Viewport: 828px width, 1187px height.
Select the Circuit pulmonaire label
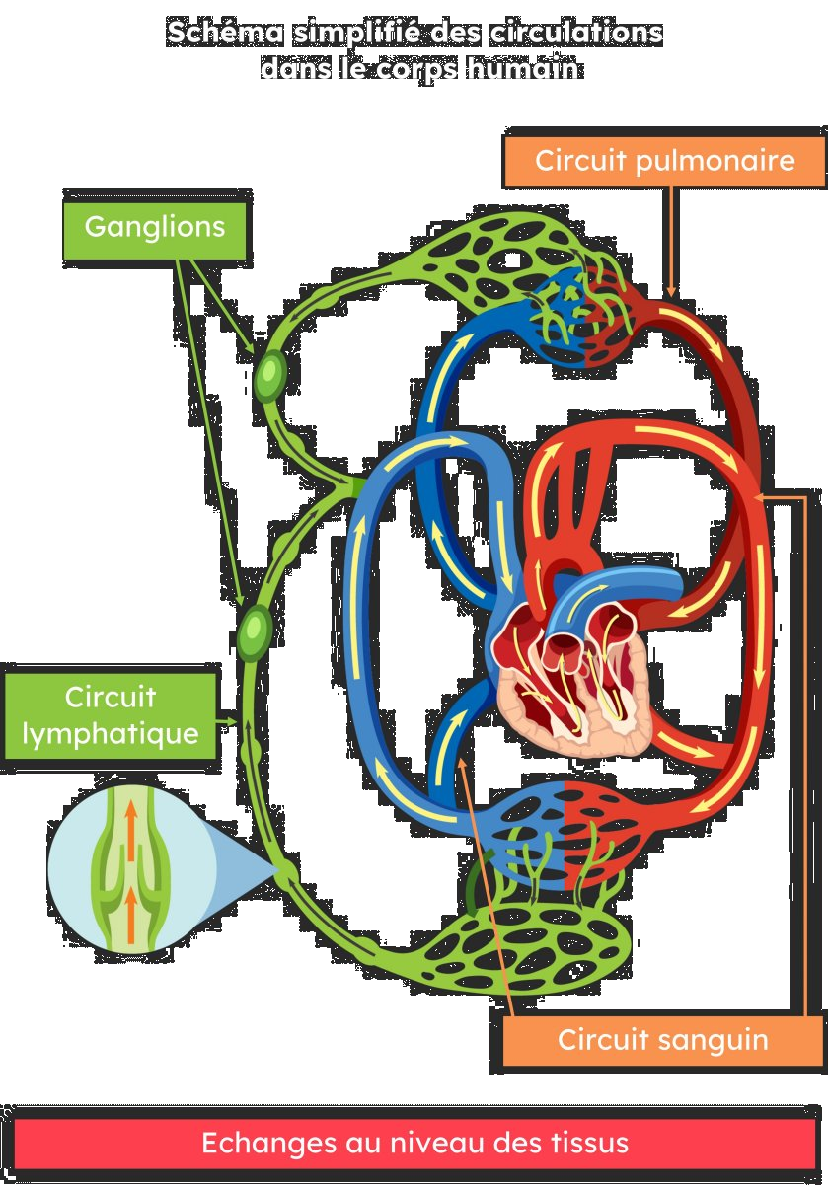coord(664,160)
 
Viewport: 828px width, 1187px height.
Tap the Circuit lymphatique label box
coord(110,716)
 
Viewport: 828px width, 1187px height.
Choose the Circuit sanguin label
coord(662,1040)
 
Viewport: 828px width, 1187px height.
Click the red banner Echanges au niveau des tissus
coord(414,1145)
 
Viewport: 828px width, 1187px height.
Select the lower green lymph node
coord(255,632)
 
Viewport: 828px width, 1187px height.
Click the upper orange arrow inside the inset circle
coord(129,818)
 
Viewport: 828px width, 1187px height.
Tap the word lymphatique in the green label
coord(110,735)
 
